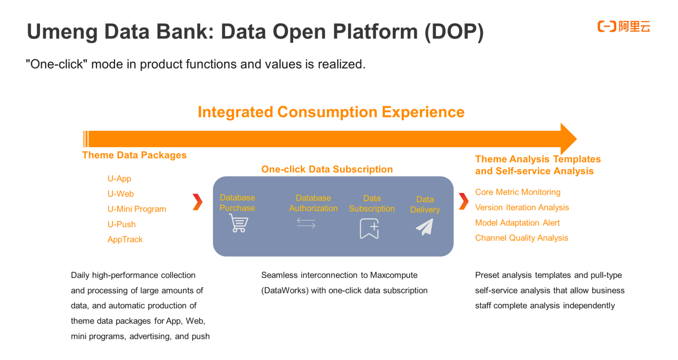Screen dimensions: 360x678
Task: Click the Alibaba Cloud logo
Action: tap(624, 26)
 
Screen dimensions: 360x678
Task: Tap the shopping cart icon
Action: tap(238, 223)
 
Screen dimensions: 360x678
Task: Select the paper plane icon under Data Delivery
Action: tap(424, 227)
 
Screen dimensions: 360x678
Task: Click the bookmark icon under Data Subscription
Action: tap(370, 229)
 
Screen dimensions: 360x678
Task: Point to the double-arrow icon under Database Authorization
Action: tap(306, 223)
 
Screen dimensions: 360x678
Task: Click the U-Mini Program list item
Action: tap(137, 209)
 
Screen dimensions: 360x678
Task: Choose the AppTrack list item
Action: tap(125, 239)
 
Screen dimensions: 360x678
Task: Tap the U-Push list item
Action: tap(121, 224)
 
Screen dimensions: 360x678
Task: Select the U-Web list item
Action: tap(121, 193)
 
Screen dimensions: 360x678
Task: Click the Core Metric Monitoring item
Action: tap(517, 192)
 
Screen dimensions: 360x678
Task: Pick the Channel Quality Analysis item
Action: tap(521, 238)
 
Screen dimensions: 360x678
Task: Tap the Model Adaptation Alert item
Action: tap(517, 222)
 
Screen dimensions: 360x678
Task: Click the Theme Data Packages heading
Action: tap(134, 155)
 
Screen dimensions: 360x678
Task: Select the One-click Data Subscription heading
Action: tap(327, 169)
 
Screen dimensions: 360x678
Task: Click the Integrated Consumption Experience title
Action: tap(331, 112)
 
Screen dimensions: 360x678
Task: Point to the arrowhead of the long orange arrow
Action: tap(568, 139)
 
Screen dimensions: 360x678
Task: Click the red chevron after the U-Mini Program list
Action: tap(197, 201)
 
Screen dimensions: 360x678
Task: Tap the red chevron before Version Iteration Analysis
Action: tap(463, 201)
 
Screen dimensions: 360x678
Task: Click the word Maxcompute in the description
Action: tap(394, 275)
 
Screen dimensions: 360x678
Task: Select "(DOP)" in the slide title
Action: tap(454, 32)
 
